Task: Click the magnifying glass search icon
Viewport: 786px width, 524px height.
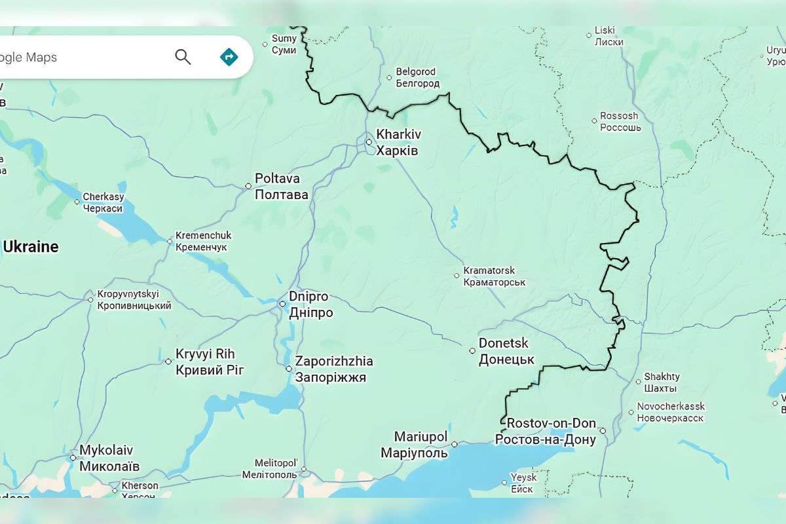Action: tap(183, 57)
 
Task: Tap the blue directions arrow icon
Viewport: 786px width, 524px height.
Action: tap(229, 57)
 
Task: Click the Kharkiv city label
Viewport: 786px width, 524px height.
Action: tap(398, 142)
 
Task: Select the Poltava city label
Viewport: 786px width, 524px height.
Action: tap(281, 186)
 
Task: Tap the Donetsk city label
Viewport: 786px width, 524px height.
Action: tap(506, 351)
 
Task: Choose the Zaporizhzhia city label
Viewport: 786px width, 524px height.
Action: tap(333, 369)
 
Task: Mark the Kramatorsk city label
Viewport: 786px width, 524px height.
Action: tap(494, 276)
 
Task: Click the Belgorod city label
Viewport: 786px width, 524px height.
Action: tap(417, 77)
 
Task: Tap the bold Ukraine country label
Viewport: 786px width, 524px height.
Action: tap(30, 247)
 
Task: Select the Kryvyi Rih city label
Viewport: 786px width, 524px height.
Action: tap(209, 362)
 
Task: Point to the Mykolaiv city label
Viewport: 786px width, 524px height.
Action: tap(108, 458)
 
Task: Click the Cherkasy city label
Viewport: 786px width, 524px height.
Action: tap(103, 202)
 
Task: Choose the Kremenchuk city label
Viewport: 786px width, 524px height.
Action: tap(203, 241)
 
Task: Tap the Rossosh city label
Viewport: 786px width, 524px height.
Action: tap(620, 121)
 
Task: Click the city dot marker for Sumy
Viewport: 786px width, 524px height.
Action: tap(265, 45)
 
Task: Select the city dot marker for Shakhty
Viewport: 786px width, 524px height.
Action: tap(639, 381)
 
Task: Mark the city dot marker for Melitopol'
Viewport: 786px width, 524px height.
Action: tap(304, 469)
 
